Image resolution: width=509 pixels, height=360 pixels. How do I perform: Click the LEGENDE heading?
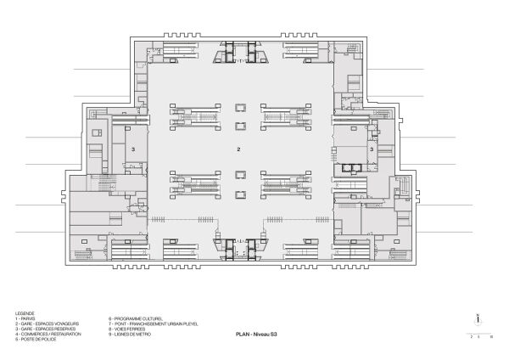pos(24,313)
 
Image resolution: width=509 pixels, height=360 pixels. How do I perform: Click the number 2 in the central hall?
pos(239,149)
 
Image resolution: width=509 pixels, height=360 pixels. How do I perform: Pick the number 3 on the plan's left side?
pos(133,149)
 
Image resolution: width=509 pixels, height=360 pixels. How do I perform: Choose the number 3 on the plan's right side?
pos(372,149)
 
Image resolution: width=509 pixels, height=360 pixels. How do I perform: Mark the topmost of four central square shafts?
pos(240,108)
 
